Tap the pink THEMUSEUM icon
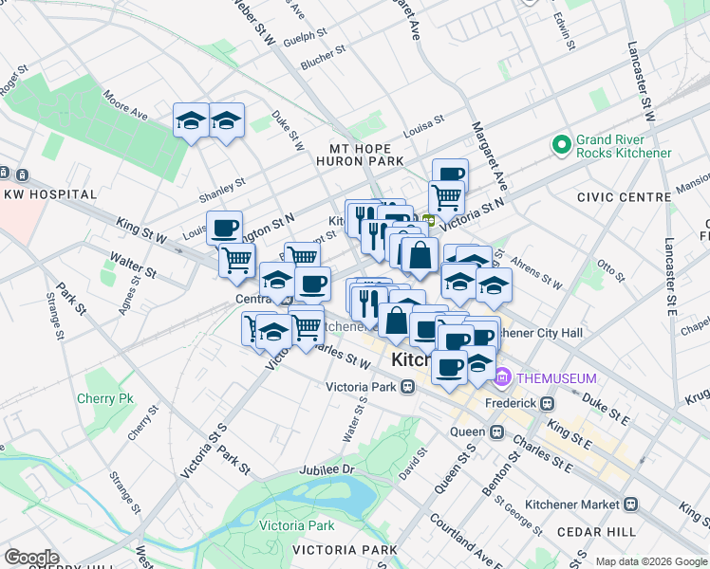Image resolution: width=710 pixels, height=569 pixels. tap(502, 377)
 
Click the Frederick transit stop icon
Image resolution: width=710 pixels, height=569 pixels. tap(547, 403)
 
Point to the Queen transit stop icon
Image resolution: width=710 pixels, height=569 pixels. tap(496, 431)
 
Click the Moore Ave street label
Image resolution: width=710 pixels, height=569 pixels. tap(125, 106)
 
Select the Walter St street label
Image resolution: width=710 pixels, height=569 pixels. tap(132, 265)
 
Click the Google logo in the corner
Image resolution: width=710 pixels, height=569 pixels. tap(31, 558)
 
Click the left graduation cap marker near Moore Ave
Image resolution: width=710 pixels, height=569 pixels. tap(191, 123)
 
